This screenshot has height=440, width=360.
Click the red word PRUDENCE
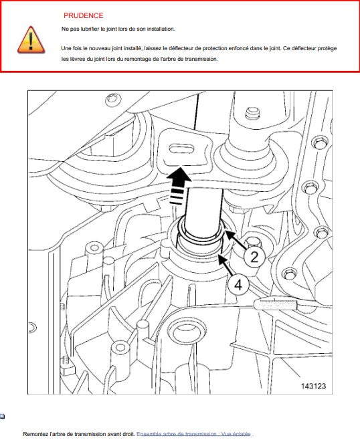(x=84, y=16)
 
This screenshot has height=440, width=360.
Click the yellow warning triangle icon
(x=31, y=40)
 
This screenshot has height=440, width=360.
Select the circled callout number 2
(x=254, y=257)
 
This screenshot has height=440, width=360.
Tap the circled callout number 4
(x=238, y=285)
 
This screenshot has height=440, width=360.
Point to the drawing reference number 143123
(x=313, y=386)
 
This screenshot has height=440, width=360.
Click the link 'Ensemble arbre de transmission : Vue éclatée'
(x=193, y=434)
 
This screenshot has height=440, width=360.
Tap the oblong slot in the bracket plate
(x=181, y=148)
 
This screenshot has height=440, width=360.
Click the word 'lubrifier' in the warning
(x=90, y=29)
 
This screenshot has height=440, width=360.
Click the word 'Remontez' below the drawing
(x=35, y=434)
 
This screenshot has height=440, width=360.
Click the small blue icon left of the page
(x=2, y=416)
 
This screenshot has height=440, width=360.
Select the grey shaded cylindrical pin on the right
(x=276, y=304)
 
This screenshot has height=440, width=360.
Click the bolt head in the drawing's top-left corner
(x=114, y=100)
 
